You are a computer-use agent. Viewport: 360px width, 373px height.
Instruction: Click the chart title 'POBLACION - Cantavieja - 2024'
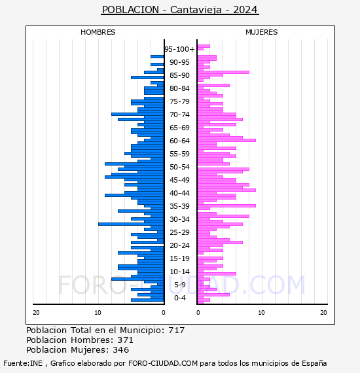tap(180, 10)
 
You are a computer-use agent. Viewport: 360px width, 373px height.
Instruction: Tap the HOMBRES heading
tap(98, 32)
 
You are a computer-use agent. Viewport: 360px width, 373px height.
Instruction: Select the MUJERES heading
tap(262, 32)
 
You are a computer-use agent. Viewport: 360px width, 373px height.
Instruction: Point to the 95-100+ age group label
tap(179, 49)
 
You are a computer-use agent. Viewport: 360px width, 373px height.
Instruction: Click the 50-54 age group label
tap(179, 167)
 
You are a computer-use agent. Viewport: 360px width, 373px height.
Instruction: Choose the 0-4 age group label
tap(179, 298)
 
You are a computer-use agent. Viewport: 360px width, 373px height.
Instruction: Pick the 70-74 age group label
tap(179, 115)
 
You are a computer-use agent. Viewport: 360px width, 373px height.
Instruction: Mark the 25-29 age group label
tap(179, 232)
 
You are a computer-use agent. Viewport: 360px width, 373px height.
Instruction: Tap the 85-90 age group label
tap(179, 75)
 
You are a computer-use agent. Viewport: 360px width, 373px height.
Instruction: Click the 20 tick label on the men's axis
tap(36, 313)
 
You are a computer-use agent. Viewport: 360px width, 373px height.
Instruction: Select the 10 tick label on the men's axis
tap(98, 313)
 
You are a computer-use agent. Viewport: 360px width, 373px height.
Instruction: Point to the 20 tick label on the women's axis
tap(323, 313)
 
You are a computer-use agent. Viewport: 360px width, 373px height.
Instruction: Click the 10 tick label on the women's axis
tap(261, 313)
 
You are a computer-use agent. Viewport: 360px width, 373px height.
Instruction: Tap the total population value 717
tap(176, 330)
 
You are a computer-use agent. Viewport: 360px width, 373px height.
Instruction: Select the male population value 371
tap(125, 340)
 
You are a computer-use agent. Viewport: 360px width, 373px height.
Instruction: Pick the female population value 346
tap(121, 350)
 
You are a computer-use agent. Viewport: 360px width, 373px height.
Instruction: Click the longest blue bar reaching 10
tap(131, 224)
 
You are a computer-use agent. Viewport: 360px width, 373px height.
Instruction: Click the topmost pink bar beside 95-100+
tap(204, 46)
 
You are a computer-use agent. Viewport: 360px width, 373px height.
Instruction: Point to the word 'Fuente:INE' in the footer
tap(23, 363)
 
